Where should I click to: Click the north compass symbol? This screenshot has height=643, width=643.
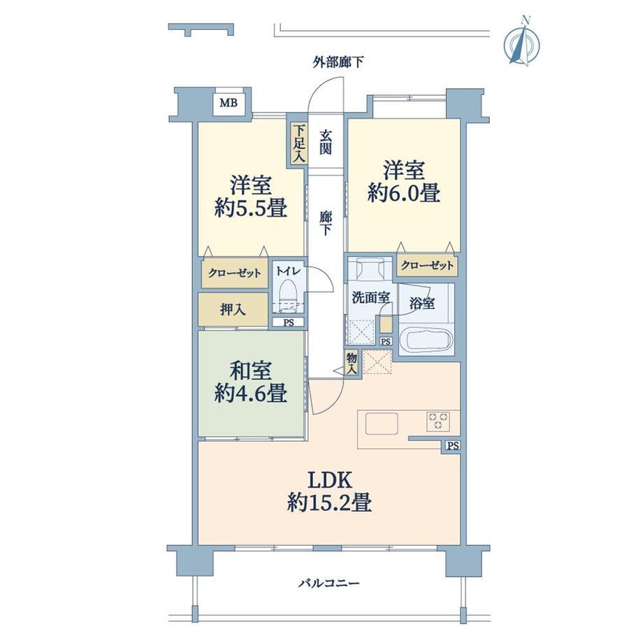click(x=521, y=41)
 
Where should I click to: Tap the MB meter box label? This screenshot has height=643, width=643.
click(x=229, y=103)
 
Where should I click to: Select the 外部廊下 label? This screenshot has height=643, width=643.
click(x=338, y=63)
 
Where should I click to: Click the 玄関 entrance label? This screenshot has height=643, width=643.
click(x=325, y=142)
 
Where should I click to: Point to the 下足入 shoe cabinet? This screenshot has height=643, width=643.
click(x=298, y=143)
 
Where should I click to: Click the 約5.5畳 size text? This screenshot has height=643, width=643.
click(x=250, y=208)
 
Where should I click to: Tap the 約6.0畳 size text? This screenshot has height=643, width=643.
click(x=404, y=192)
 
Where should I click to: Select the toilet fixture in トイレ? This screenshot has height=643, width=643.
click(x=287, y=294)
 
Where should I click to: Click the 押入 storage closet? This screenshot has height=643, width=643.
click(x=233, y=309)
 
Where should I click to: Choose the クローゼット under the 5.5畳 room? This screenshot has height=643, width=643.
click(x=235, y=273)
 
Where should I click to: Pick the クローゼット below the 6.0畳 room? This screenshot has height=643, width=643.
click(x=427, y=266)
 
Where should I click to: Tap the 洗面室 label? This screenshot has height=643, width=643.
click(x=370, y=297)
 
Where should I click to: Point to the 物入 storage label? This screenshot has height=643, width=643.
click(x=352, y=363)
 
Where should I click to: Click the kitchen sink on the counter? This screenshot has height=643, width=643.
click(x=382, y=424)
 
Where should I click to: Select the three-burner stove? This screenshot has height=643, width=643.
click(x=438, y=421)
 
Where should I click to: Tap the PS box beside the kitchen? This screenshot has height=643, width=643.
click(x=452, y=446)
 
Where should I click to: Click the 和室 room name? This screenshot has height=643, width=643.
click(x=250, y=370)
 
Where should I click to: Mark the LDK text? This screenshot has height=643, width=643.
click(x=329, y=480)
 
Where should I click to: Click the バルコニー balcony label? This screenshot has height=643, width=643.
click(x=329, y=583)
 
